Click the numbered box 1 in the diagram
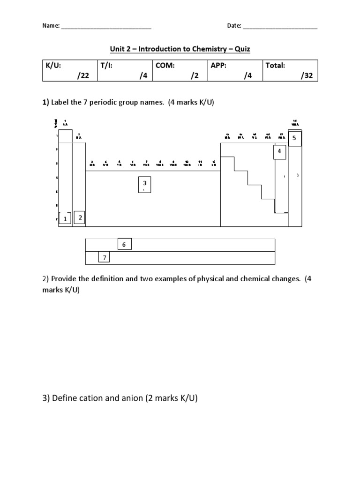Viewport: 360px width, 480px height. pos(65,218)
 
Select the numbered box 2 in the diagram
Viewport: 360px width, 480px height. pos(80,217)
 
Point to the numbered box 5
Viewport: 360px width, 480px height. pos(294,139)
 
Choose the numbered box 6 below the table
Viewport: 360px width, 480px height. pos(124,245)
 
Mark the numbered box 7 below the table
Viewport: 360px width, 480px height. pos(105,258)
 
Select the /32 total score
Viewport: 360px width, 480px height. pos(307,76)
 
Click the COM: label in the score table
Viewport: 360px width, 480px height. pos(165,66)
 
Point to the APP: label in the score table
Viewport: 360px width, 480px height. pos(218,66)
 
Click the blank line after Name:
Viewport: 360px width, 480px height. pos(106,27)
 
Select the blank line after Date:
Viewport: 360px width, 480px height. pos(280,27)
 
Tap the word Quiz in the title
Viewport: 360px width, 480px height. pos(242,49)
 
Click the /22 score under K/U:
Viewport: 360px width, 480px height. pos(83,76)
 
